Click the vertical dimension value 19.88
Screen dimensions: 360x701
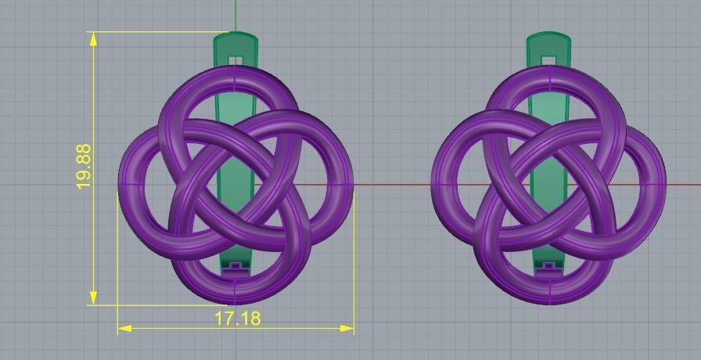click(x=84, y=165)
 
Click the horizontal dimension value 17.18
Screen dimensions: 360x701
click(x=238, y=318)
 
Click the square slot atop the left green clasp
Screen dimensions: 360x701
click(x=235, y=59)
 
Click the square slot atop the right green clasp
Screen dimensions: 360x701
click(x=549, y=59)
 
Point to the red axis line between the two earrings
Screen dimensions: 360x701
click(x=391, y=185)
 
